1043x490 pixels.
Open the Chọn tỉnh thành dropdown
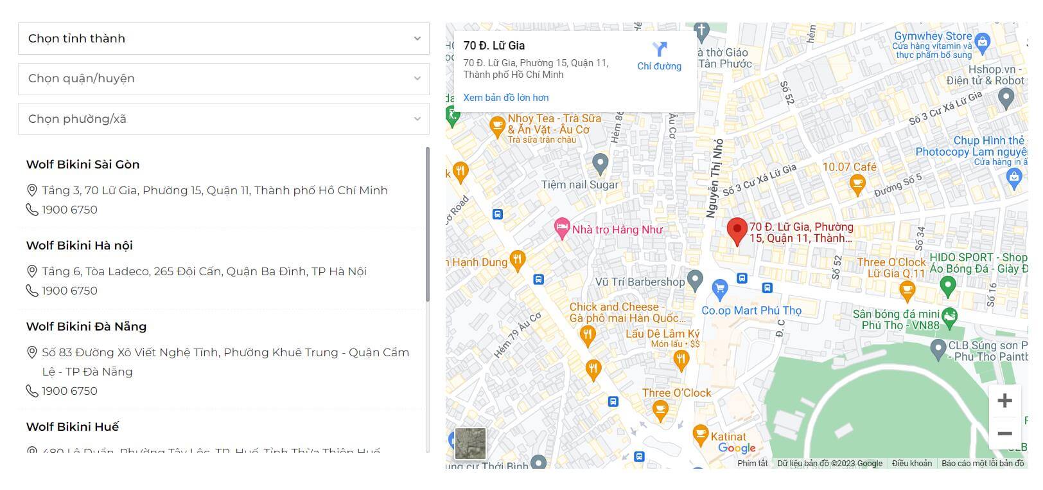click(x=223, y=39)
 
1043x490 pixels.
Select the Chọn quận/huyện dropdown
click(x=223, y=78)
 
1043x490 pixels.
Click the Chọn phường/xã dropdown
click(x=223, y=119)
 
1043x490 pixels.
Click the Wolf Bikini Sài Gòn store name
click(x=83, y=165)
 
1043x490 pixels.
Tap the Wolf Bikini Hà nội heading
click(x=80, y=246)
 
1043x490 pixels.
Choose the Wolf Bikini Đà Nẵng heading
click(x=86, y=327)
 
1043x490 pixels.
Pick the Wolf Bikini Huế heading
click(x=73, y=427)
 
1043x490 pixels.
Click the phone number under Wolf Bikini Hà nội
click(x=69, y=291)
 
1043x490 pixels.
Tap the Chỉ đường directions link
click(x=659, y=56)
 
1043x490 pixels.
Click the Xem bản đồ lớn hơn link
click(x=506, y=98)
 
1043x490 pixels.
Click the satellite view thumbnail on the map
click(x=470, y=444)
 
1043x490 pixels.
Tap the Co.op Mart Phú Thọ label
click(x=751, y=311)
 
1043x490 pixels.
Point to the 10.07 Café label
click(x=849, y=167)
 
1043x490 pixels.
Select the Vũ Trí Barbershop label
click(x=640, y=282)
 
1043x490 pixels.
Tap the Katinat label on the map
click(x=728, y=437)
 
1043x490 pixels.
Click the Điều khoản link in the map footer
click(x=911, y=464)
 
